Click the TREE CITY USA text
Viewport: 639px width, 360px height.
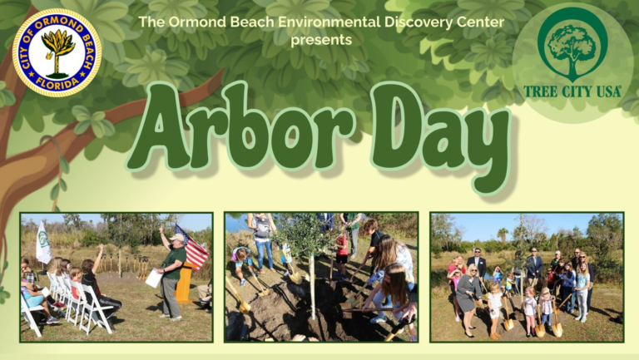(x=572, y=91)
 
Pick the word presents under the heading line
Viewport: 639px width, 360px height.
(x=321, y=40)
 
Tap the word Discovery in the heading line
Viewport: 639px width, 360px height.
(x=419, y=22)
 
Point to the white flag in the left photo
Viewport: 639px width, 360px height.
(x=43, y=243)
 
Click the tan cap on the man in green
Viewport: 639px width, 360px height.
(x=177, y=238)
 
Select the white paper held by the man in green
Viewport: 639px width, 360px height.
(x=154, y=279)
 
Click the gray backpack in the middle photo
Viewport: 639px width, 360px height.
(x=262, y=227)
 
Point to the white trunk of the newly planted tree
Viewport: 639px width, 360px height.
(x=312, y=285)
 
